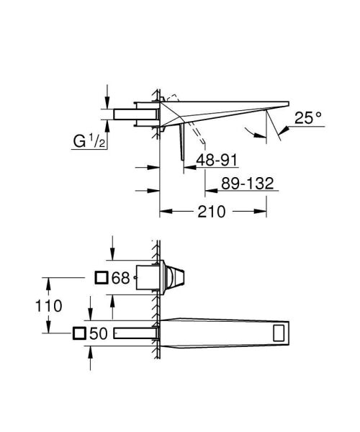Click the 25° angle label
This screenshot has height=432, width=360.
pos(308,118)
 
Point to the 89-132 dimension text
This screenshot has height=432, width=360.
pos(248,184)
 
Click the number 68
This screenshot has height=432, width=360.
pos(121,277)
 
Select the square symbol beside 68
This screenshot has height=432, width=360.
pos(102,277)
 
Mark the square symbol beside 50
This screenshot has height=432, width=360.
pos(79,333)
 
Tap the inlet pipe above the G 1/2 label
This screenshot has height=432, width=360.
pos(133,113)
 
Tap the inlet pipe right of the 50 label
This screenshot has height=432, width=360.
pos(133,333)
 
